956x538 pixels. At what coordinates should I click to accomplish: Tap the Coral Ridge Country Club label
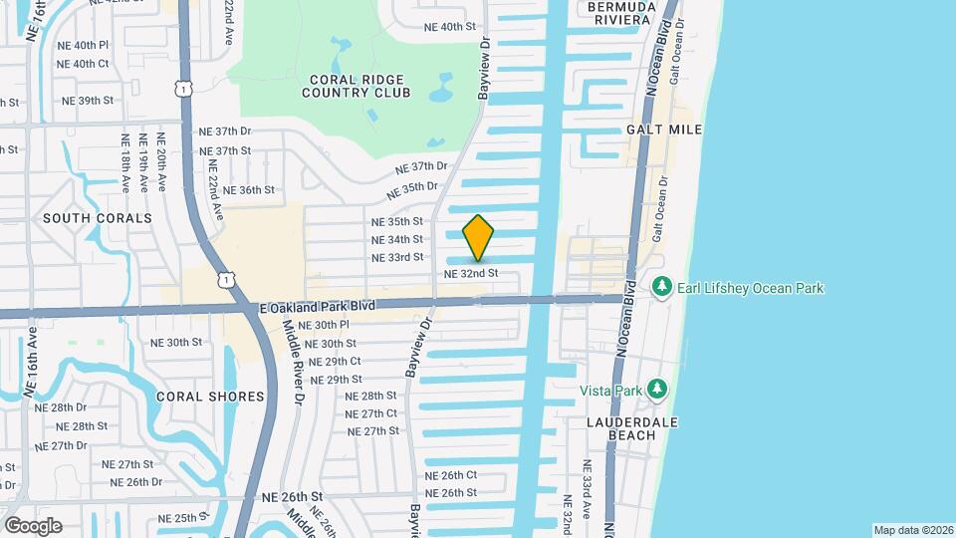tap(358, 86)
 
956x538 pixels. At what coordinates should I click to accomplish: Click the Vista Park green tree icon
tap(655, 388)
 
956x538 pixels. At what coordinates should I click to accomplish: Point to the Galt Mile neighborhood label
tap(664, 130)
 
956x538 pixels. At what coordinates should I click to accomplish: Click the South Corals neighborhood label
tap(98, 217)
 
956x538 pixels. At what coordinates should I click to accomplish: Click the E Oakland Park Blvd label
tap(318, 308)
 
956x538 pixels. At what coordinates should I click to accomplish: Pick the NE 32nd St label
tap(470, 273)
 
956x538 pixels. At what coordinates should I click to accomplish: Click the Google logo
tap(33, 526)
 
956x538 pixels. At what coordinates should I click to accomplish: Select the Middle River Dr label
tap(295, 362)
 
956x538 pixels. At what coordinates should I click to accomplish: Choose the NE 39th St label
tap(89, 101)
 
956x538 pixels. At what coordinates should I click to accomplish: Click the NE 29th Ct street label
tap(335, 362)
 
